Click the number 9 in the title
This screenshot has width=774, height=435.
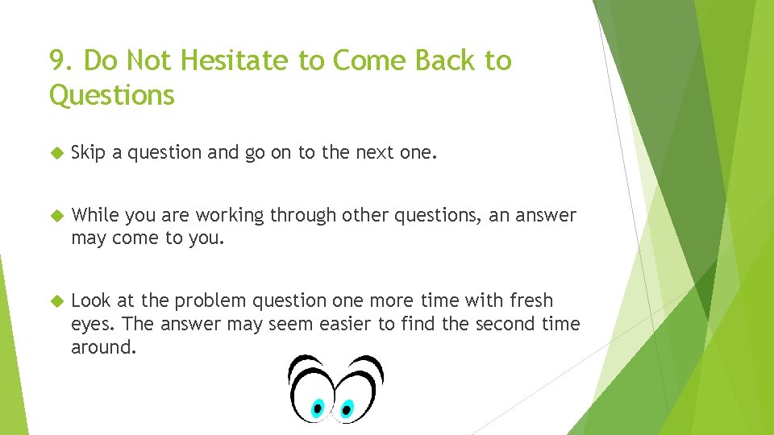(56, 60)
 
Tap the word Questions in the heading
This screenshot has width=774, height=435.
(111, 96)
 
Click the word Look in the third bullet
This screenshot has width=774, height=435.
(90, 300)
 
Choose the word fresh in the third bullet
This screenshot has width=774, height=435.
(531, 300)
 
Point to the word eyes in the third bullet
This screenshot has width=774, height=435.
(90, 325)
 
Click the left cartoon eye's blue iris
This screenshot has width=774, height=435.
(318, 408)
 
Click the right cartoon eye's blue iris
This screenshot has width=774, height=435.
(347, 408)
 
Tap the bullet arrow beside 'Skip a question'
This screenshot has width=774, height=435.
(56, 153)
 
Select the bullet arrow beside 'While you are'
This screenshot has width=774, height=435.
(56, 215)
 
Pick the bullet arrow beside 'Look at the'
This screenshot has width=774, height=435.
(56, 300)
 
